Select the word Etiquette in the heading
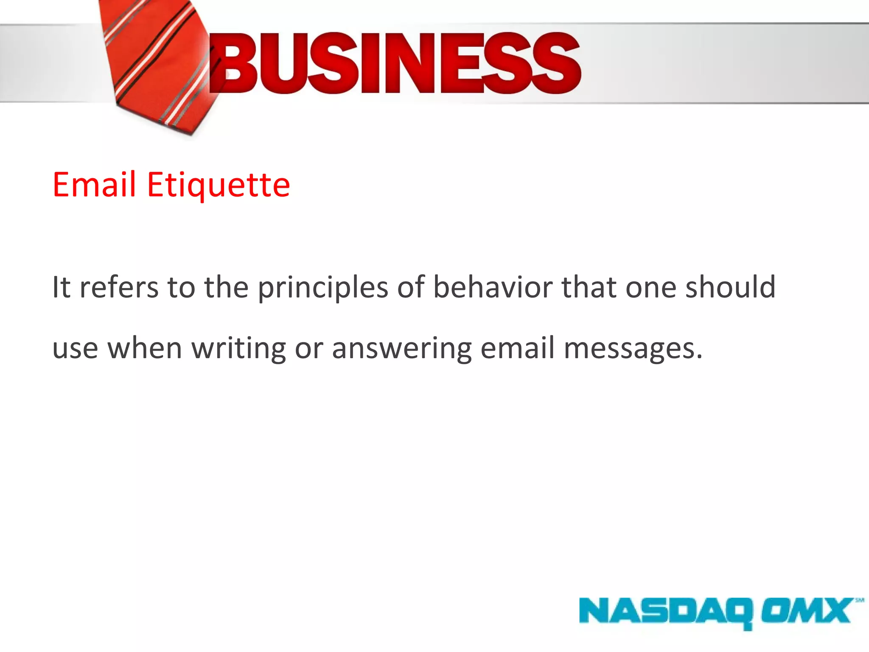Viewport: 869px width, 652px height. click(219, 185)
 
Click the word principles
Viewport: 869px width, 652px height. click(323, 288)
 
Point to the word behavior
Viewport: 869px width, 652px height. click(493, 287)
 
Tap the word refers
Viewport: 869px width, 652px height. click(119, 287)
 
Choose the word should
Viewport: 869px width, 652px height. click(730, 287)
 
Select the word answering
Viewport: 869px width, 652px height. click(401, 348)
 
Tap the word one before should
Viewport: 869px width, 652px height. click(651, 288)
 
